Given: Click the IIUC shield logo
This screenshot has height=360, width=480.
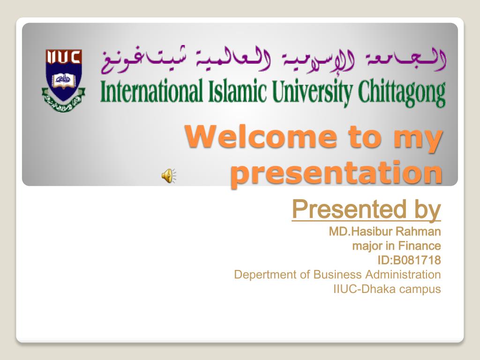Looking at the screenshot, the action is point(63,80).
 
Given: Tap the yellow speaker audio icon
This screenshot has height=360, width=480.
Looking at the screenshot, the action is point(169,176).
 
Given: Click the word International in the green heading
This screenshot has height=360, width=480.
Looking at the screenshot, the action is point(151,91).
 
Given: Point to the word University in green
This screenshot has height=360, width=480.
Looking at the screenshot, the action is point(312,92).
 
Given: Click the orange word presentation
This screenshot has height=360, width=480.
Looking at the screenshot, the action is point(337,173).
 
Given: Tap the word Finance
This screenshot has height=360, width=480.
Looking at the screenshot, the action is point(420,246).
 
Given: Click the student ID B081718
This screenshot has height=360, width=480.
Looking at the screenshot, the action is point(417,260).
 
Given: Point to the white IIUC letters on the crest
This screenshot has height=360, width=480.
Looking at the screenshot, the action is point(63,57).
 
